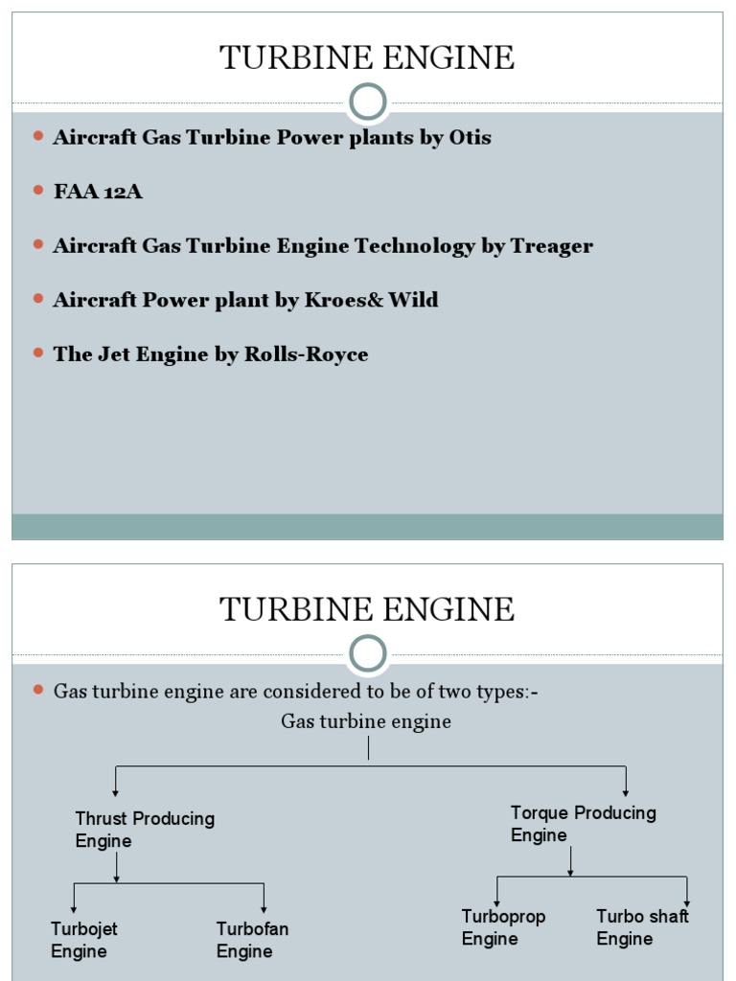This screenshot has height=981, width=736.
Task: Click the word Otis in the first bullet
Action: tap(470, 137)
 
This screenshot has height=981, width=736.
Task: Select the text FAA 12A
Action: tap(98, 192)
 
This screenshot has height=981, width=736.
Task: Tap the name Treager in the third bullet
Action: tap(551, 246)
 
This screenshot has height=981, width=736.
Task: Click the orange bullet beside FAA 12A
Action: tap(38, 191)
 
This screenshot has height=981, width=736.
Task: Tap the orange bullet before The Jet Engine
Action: tap(38, 354)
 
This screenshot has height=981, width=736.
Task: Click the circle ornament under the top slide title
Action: tap(368, 103)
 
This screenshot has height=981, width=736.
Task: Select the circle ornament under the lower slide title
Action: tap(368, 654)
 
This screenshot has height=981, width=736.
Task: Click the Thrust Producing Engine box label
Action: tap(144, 830)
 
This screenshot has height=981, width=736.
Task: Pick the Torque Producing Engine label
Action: tap(583, 824)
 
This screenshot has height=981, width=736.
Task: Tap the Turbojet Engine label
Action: tap(84, 940)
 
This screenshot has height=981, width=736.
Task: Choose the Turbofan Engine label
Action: tap(252, 940)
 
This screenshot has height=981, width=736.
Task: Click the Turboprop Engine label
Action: tap(503, 927)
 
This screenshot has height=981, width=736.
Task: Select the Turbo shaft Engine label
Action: tap(642, 927)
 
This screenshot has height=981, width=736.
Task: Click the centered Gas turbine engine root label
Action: tap(366, 721)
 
